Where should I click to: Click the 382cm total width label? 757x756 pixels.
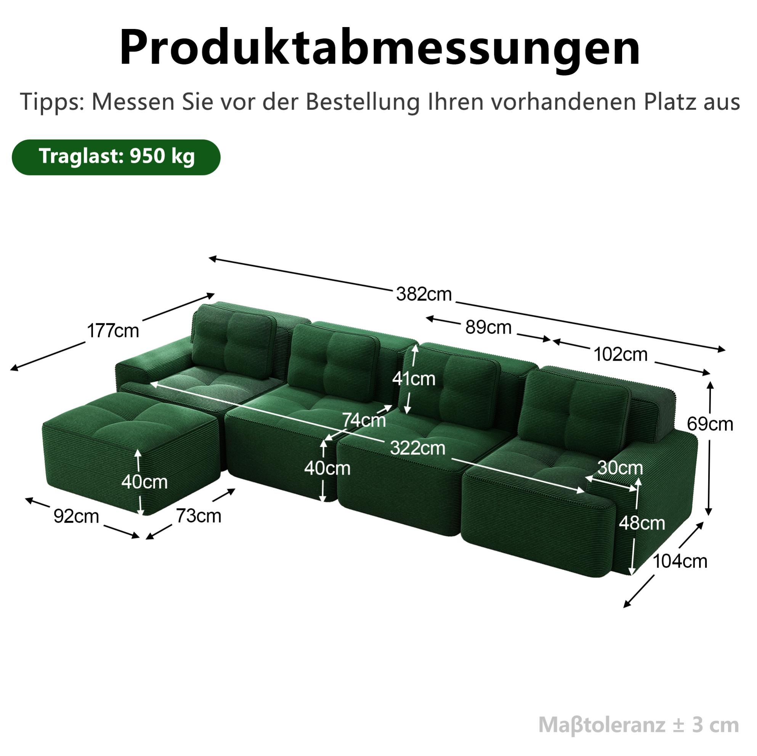pos(424,294)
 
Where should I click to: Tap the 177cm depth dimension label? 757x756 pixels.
pos(113,331)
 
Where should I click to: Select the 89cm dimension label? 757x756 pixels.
pos(488,327)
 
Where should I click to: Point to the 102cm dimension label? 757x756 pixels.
pos(621,355)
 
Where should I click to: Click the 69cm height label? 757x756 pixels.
pos(710,424)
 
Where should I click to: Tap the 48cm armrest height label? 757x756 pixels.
pos(642,523)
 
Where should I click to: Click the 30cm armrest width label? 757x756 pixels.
pos(620,467)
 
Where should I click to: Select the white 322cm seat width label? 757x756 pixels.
pos(418,448)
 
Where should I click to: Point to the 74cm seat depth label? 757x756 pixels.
pos(364,420)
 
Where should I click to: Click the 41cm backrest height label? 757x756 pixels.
pos(414,379)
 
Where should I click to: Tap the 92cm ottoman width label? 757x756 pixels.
pos(76,517)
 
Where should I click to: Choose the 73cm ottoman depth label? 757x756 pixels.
pos(199,516)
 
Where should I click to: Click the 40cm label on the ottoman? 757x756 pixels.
pos(144,482)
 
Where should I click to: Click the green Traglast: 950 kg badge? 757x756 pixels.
pos(116,157)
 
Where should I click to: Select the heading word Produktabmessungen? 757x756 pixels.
pos(380,48)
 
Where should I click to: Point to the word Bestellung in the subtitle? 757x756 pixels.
pos(362,102)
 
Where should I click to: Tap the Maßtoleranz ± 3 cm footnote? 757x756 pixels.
pos(639,725)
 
